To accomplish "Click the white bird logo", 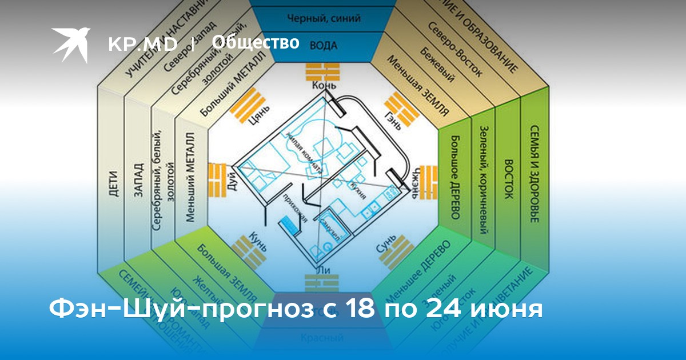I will (71, 43).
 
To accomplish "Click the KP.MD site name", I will (142, 45).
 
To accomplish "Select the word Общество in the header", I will (256, 42).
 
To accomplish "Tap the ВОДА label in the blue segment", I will (324, 45).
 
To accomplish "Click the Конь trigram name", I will (324, 86).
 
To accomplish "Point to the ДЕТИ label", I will (113, 184).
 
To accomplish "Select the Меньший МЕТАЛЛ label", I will (190, 178).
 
